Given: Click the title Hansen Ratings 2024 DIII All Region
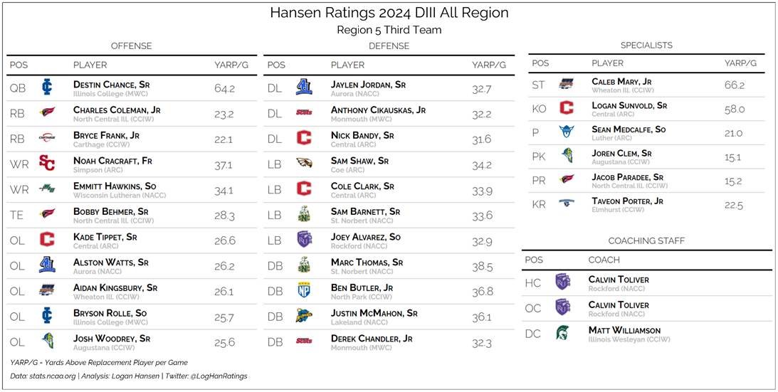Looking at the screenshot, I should click(x=389, y=14).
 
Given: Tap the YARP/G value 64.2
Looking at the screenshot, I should click(x=224, y=89).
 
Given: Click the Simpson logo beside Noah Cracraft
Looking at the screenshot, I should click(x=47, y=164).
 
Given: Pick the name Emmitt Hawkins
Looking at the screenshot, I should click(x=114, y=186).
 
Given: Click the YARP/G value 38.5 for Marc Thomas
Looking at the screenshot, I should click(x=482, y=267).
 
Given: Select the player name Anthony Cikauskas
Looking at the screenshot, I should click(x=378, y=110).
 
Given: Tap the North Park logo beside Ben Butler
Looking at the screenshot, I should click(x=304, y=292).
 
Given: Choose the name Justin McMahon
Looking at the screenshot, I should click(x=374, y=313).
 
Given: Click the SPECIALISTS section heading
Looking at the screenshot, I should click(x=646, y=45).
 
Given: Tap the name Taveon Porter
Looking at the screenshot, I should click(x=627, y=201).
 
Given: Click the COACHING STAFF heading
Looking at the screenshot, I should click(x=647, y=241).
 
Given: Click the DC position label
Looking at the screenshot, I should click(x=533, y=334).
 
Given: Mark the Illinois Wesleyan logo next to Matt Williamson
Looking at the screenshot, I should click(x=562, y=333).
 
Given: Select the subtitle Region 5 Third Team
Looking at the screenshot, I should click(x=389, y=30).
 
